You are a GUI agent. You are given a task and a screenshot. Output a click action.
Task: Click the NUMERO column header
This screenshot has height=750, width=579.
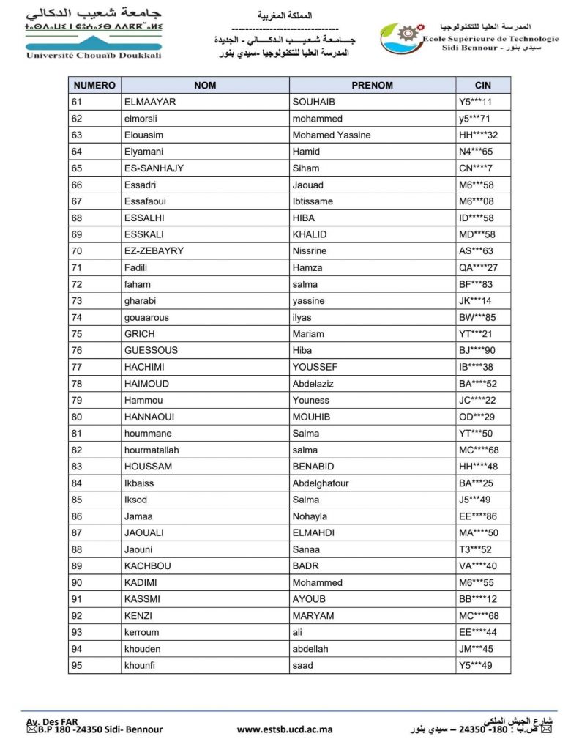pos(94,85)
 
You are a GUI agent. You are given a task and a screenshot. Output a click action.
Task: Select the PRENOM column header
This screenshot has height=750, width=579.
pos(372,85)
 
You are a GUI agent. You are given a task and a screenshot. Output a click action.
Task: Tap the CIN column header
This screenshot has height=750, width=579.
pos(482,85)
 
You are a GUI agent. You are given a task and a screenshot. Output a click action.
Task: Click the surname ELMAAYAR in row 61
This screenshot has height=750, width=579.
pos(150,102)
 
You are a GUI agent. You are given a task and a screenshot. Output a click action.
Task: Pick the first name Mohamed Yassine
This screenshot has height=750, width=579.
pos(332,135)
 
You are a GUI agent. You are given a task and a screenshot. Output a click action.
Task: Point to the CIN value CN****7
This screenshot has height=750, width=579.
pos(475,168)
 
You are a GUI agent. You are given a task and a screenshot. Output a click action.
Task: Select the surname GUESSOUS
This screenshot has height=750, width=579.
pos(151,350)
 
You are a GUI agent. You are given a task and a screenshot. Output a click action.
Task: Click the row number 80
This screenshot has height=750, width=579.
pos(77,417)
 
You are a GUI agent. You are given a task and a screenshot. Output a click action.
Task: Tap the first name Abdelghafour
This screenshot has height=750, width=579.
pos(321,483)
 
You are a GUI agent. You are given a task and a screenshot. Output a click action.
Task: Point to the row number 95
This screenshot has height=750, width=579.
pos(77,665)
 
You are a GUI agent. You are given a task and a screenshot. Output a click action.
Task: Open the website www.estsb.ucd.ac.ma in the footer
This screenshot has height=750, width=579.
pos(285,729)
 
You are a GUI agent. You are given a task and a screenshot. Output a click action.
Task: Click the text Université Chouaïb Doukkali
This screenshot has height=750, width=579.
pos(93,56)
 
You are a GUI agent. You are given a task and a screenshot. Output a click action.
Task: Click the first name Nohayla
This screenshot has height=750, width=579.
pos(310,516)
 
